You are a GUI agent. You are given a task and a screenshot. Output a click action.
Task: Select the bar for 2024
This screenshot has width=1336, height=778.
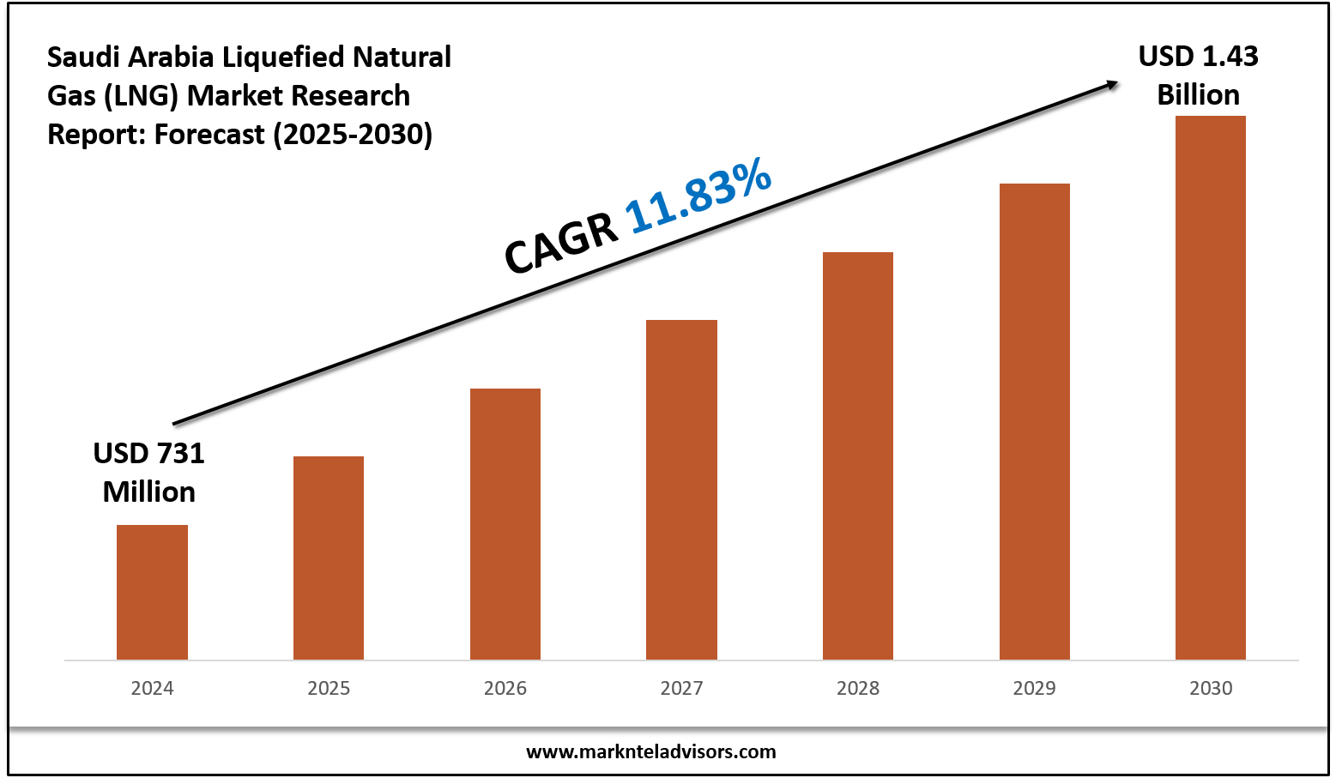pyautogui.click(x=152, y=592)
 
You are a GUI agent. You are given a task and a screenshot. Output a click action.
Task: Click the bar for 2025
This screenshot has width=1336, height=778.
pyautogui.click(x=329, y=558)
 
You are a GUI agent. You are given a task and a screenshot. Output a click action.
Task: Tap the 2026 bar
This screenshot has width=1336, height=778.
pyautogui.click(x=505, y=523)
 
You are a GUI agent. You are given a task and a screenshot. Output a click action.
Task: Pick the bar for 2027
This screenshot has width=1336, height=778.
pyautogui.click(x=681, y=489)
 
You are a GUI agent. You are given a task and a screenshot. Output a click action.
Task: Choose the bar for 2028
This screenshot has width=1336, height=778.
pyautogui.click(x=858, y=455)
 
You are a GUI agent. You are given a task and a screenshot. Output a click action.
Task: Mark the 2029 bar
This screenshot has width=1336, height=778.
pyautogui.click(x=1035, y=420)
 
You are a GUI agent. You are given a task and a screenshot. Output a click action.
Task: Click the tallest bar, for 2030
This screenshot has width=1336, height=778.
pyautogui.click(x=1211, y=386)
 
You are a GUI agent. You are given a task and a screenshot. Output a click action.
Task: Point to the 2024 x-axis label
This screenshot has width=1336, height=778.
pyautogui.click(x=152, y=688)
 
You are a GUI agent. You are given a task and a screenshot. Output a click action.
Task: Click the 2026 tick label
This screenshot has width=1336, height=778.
pyautogui.click(x=505, y=688)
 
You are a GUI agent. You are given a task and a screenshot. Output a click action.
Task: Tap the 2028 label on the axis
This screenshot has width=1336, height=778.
pyautogui.click(x=858, y=688)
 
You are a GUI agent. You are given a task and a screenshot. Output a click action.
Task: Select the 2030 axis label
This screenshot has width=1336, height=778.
pyautogui.click(x=1211, y=688)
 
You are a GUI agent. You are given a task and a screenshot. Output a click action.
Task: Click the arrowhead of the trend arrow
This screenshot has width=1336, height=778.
pyautogui.click(x=1112, y=83)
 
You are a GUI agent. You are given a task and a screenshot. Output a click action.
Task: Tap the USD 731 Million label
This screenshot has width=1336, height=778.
pyautogui.click(x=149, y=472)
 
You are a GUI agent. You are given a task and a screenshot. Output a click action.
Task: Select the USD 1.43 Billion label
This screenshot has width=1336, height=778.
pyautogui.click(x=1198, y=75)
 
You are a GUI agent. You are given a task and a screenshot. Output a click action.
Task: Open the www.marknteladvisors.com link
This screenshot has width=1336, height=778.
pyautogui.click(x=650, y=752)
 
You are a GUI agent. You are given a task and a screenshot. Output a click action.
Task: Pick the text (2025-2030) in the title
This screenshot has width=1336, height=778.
pyautogui.click(x=353, y=135)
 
